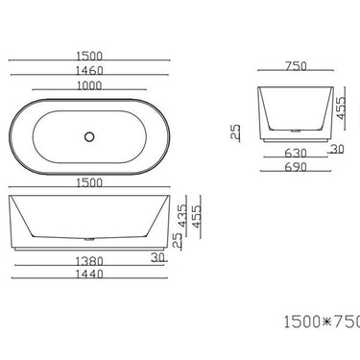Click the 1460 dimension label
[90, 70]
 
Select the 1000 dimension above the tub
[90, 85]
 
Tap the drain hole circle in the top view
[90, 136]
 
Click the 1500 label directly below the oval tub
[90, 182]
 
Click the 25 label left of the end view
[236, 132]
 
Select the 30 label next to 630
[337, 149]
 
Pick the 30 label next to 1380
[157, 256]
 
